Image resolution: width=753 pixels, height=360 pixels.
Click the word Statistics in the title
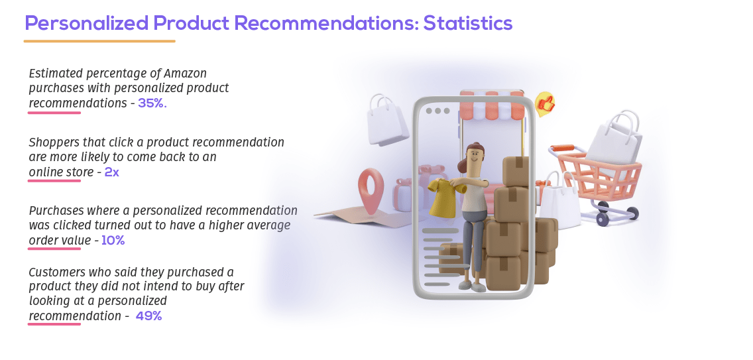pyautogui.click(x=467, y=23)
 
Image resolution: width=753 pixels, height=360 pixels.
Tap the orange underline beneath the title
pyautogui.click(x=99, y=41)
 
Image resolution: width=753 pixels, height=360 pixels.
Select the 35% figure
pyautogui.click(x=152, y=103)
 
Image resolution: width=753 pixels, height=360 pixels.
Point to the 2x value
pyautogui.click(x=112, y=172)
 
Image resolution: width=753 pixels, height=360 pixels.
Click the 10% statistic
pyautogui.click(x=113, y=241)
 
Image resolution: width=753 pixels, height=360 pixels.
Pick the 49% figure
pyautogui.click(x=148, y=316)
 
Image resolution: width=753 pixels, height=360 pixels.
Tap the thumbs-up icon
pyautogui.click(x=546, y=104)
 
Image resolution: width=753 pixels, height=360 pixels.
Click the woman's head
pyautogui.click(x=475, y=156)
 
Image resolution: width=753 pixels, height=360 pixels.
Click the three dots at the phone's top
pyautogui.click(x=437, y=111)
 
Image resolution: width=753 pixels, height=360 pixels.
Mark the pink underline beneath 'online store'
pyautogui.click(x=54, y=181)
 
